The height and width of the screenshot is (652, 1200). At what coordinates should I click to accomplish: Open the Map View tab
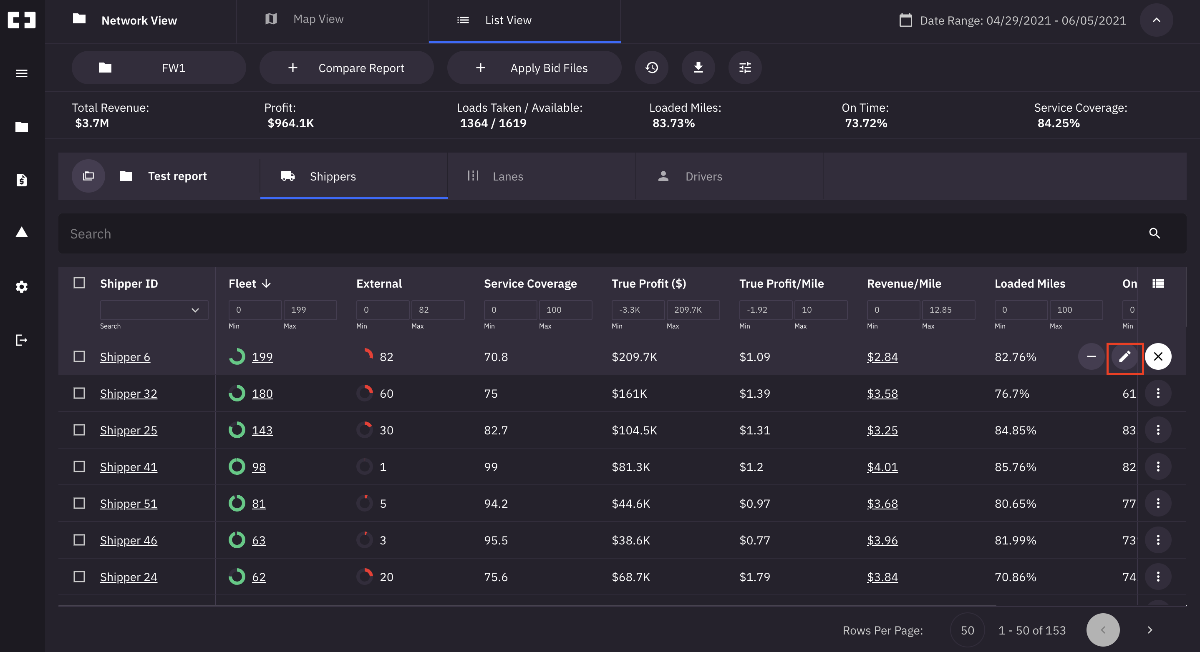click(x=318, y=20)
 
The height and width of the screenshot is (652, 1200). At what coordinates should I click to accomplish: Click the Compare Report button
click(x=347, y=68)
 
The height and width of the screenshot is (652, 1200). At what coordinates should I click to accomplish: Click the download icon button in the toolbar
click(x=698, y=68)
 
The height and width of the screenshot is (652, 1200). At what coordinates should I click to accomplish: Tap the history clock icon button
click(x=651, y=68)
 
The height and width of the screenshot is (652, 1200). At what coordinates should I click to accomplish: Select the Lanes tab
click(x=507, y=176)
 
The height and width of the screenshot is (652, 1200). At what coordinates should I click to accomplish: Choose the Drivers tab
click(x=703, y=176)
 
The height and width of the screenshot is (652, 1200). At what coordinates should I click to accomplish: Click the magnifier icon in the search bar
click(x=1154, y=233)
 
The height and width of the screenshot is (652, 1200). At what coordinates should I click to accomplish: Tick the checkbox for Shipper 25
click(x=79, y=430)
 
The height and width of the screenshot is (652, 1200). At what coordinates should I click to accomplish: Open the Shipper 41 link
click(x=129, y=467)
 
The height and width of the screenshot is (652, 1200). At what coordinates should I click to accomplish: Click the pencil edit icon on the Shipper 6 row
click(x=1124, y=357)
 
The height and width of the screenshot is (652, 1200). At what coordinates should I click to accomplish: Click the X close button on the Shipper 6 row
click(x=1158, y=357)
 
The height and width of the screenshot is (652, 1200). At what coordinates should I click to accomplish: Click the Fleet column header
click(x=243, y=283)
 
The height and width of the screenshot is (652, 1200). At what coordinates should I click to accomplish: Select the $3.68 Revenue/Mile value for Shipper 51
click(x=882, y=504)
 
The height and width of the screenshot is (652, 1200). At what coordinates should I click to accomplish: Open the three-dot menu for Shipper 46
click(x=1158, y=540)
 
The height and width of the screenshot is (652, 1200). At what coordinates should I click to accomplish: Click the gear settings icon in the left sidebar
click(x=21, y=287)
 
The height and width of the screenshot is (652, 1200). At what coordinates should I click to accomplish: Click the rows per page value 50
click(x=967, y=630)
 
